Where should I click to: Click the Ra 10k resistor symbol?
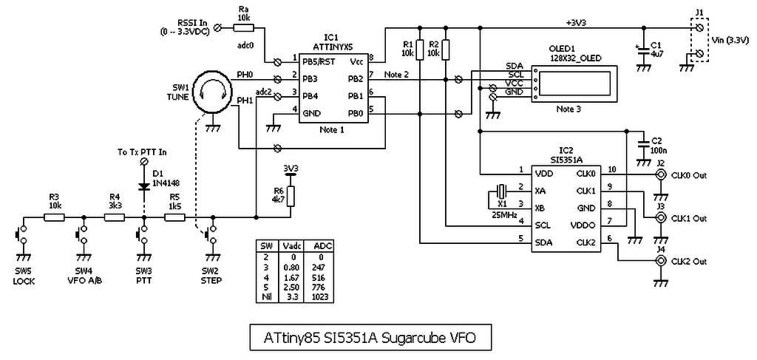tap(243, 28)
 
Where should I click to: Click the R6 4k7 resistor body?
tap(291, 196)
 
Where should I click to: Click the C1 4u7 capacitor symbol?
tap(643, 50)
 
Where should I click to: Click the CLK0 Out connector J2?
tap(659, 175)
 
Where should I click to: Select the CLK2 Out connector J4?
tap(659, 262)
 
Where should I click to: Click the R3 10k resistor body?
tap(54, 217)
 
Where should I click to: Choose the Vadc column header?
tap(293, 245)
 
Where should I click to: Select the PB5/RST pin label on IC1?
tap(319, 61)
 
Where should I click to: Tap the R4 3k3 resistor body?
tap(115, 217)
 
